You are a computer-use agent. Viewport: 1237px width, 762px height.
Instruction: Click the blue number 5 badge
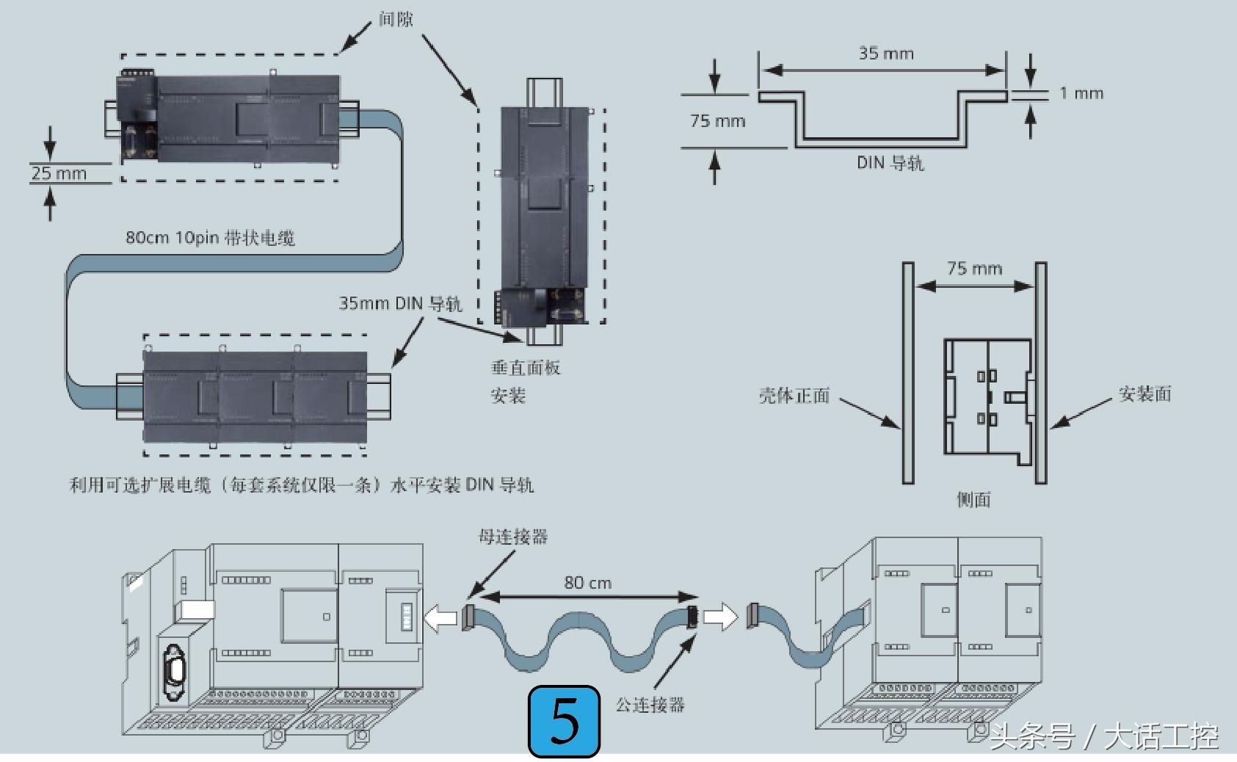tap(564, 722)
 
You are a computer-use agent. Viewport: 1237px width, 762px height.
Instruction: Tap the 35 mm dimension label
tap(886, 54)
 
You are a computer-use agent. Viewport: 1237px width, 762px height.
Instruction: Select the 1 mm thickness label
tap(1081, 94)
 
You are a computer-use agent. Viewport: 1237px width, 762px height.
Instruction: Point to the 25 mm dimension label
tap(59, 174)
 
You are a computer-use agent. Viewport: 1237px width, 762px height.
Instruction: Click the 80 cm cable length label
tap(587, 583)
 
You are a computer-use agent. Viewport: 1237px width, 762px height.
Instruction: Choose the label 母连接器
tap(513, 537)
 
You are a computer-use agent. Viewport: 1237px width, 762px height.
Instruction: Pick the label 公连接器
tap(650, 705)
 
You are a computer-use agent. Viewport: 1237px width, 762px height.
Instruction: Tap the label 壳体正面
tap(794, 396)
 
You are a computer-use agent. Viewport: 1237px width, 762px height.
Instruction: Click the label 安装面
tap(1145, 394)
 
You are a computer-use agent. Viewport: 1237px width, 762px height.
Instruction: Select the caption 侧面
tap(973, 500)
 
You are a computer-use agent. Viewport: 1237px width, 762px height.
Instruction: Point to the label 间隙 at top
tap(396, 19)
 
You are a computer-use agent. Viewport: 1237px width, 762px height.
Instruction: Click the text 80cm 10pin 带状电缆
tap(210, 238)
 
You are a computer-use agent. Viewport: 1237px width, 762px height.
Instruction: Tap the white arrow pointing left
tap(440, 618)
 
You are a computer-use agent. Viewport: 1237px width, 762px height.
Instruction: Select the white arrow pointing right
tap(719, 617)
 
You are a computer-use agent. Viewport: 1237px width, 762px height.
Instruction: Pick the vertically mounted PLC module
tap(543, 213)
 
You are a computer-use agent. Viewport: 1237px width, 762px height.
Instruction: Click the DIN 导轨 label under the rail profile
tap(890, 163)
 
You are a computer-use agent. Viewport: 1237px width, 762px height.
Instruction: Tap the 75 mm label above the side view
tap(974, 269)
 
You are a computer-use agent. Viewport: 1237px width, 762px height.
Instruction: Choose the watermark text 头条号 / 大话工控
tap(1103, 736)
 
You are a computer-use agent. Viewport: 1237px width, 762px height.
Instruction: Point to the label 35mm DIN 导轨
tap(400, 304)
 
